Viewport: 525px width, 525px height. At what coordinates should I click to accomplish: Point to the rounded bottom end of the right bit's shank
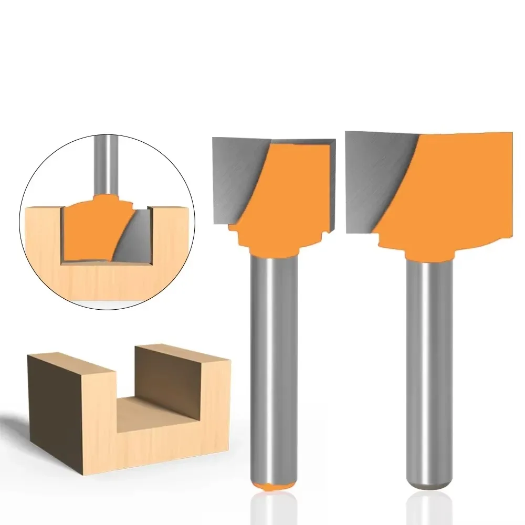pyautogui.click(x=429, y=480)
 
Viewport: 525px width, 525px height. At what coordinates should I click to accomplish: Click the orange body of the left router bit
pyautogui.click(x=283, y=199)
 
